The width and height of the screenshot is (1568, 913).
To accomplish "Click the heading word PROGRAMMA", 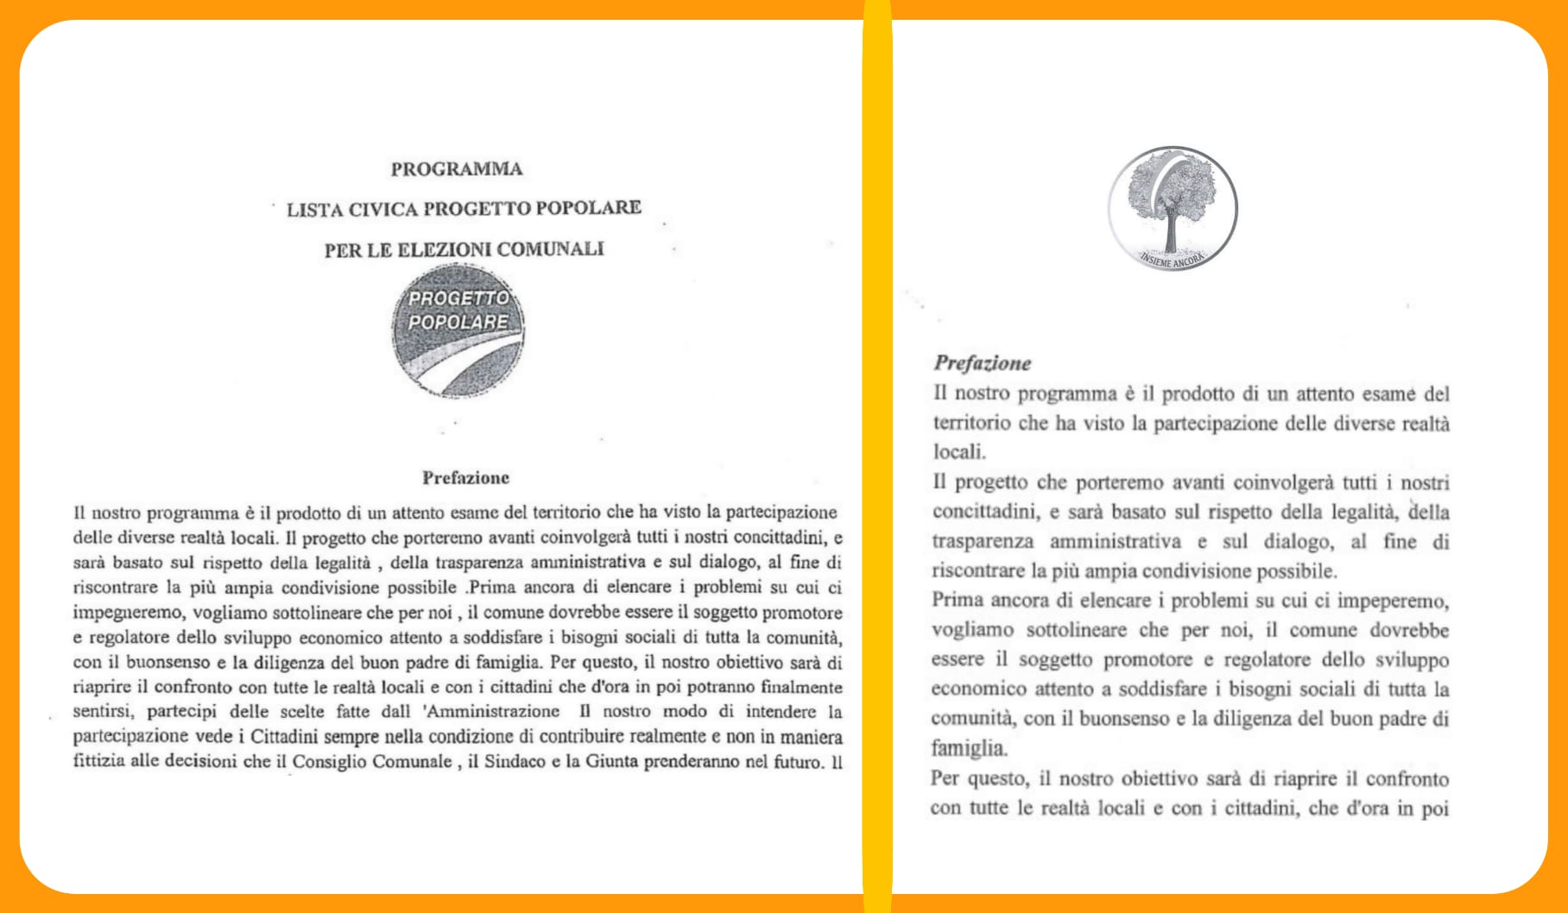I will pyautogui.click(x=456, y=169).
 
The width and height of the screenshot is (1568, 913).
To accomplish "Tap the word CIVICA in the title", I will pyautogui.click(x=383, y=209).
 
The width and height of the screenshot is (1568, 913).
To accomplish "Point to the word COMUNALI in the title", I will pyautogui.click(x=550, y=249).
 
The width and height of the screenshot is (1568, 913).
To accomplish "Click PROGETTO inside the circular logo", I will pyautogui.click(x=458, y=298).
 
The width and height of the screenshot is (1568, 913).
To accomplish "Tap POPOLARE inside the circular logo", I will pyautogui.click(x=458, y=322).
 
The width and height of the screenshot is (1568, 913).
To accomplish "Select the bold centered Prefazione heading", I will pyautogui.click(x=465, y=478).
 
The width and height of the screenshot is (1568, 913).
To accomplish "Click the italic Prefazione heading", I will pyautogui.click(x=983, y=363).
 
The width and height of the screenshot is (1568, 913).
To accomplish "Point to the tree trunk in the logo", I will pyautogui.click(x=1171, y=233).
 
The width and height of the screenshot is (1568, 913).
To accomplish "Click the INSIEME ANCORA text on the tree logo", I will pyautogui.click(x=1172, y=259).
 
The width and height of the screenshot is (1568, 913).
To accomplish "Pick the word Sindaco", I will pyautogui.click(x=515, y=762).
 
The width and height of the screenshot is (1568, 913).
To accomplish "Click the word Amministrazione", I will pyautogui.click(x=492, y=712).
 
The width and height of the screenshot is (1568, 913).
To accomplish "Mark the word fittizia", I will pyautogui.click(x=98, y=762).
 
